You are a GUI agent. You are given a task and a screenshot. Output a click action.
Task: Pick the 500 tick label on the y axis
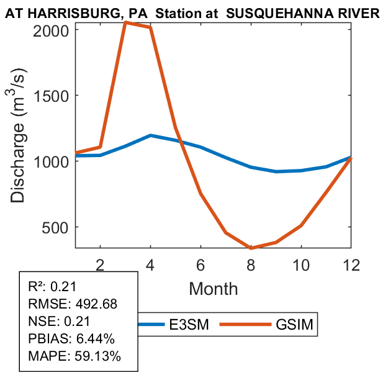point(60,227)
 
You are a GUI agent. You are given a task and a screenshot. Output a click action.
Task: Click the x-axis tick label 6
point(201,264)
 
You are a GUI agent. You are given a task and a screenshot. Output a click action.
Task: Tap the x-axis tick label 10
point(301,264)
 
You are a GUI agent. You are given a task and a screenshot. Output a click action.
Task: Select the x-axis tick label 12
point(351,264)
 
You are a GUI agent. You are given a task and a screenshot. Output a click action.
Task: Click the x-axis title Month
point(213,288)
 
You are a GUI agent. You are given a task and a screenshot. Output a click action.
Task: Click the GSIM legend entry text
point(294,325)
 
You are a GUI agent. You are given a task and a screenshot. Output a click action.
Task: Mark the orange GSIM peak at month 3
point(125,22)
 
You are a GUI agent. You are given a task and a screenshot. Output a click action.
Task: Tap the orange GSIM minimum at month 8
point(251,248)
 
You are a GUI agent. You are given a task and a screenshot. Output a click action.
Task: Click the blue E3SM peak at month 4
point(150,135)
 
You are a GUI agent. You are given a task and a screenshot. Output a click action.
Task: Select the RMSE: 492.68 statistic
point(73,304)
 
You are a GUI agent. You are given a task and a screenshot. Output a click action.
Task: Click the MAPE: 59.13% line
point(74,356)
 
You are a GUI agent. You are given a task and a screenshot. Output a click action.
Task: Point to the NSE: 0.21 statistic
point(60,322)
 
